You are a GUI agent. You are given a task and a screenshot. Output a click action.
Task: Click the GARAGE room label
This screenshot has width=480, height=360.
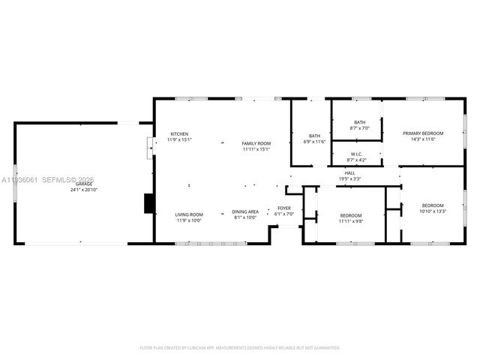coord(84,184)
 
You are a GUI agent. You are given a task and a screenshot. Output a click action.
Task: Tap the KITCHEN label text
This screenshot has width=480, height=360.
coord(179,133)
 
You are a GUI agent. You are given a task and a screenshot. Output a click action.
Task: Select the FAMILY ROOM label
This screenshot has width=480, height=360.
coord(256,143)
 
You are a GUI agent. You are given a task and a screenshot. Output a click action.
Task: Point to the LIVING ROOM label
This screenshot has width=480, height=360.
coord(189,214)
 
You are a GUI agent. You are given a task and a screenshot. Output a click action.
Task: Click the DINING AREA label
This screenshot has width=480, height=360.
coord(245,211)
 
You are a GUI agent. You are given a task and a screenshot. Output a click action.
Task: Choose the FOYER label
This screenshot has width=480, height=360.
coord(284,208)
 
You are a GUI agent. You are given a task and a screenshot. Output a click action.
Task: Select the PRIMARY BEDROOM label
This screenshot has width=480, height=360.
coord(423,133)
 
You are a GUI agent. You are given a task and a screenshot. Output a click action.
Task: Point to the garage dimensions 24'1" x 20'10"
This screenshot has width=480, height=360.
coord(84,190)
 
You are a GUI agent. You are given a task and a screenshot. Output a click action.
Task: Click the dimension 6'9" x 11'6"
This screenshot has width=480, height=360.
coord(313,142)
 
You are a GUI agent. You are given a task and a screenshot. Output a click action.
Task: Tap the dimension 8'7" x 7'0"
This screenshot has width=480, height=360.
coord(360,128)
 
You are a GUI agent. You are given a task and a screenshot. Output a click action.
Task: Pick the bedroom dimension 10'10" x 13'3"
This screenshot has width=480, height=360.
coord(433,211)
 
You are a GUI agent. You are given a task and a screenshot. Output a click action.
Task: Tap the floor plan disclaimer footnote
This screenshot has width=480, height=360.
coord(240,347)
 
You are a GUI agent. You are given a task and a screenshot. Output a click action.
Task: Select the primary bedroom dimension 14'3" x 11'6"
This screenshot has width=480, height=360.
coord(423,139)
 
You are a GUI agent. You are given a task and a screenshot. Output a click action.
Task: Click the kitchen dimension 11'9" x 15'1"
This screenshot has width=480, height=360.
coord(179,139)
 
